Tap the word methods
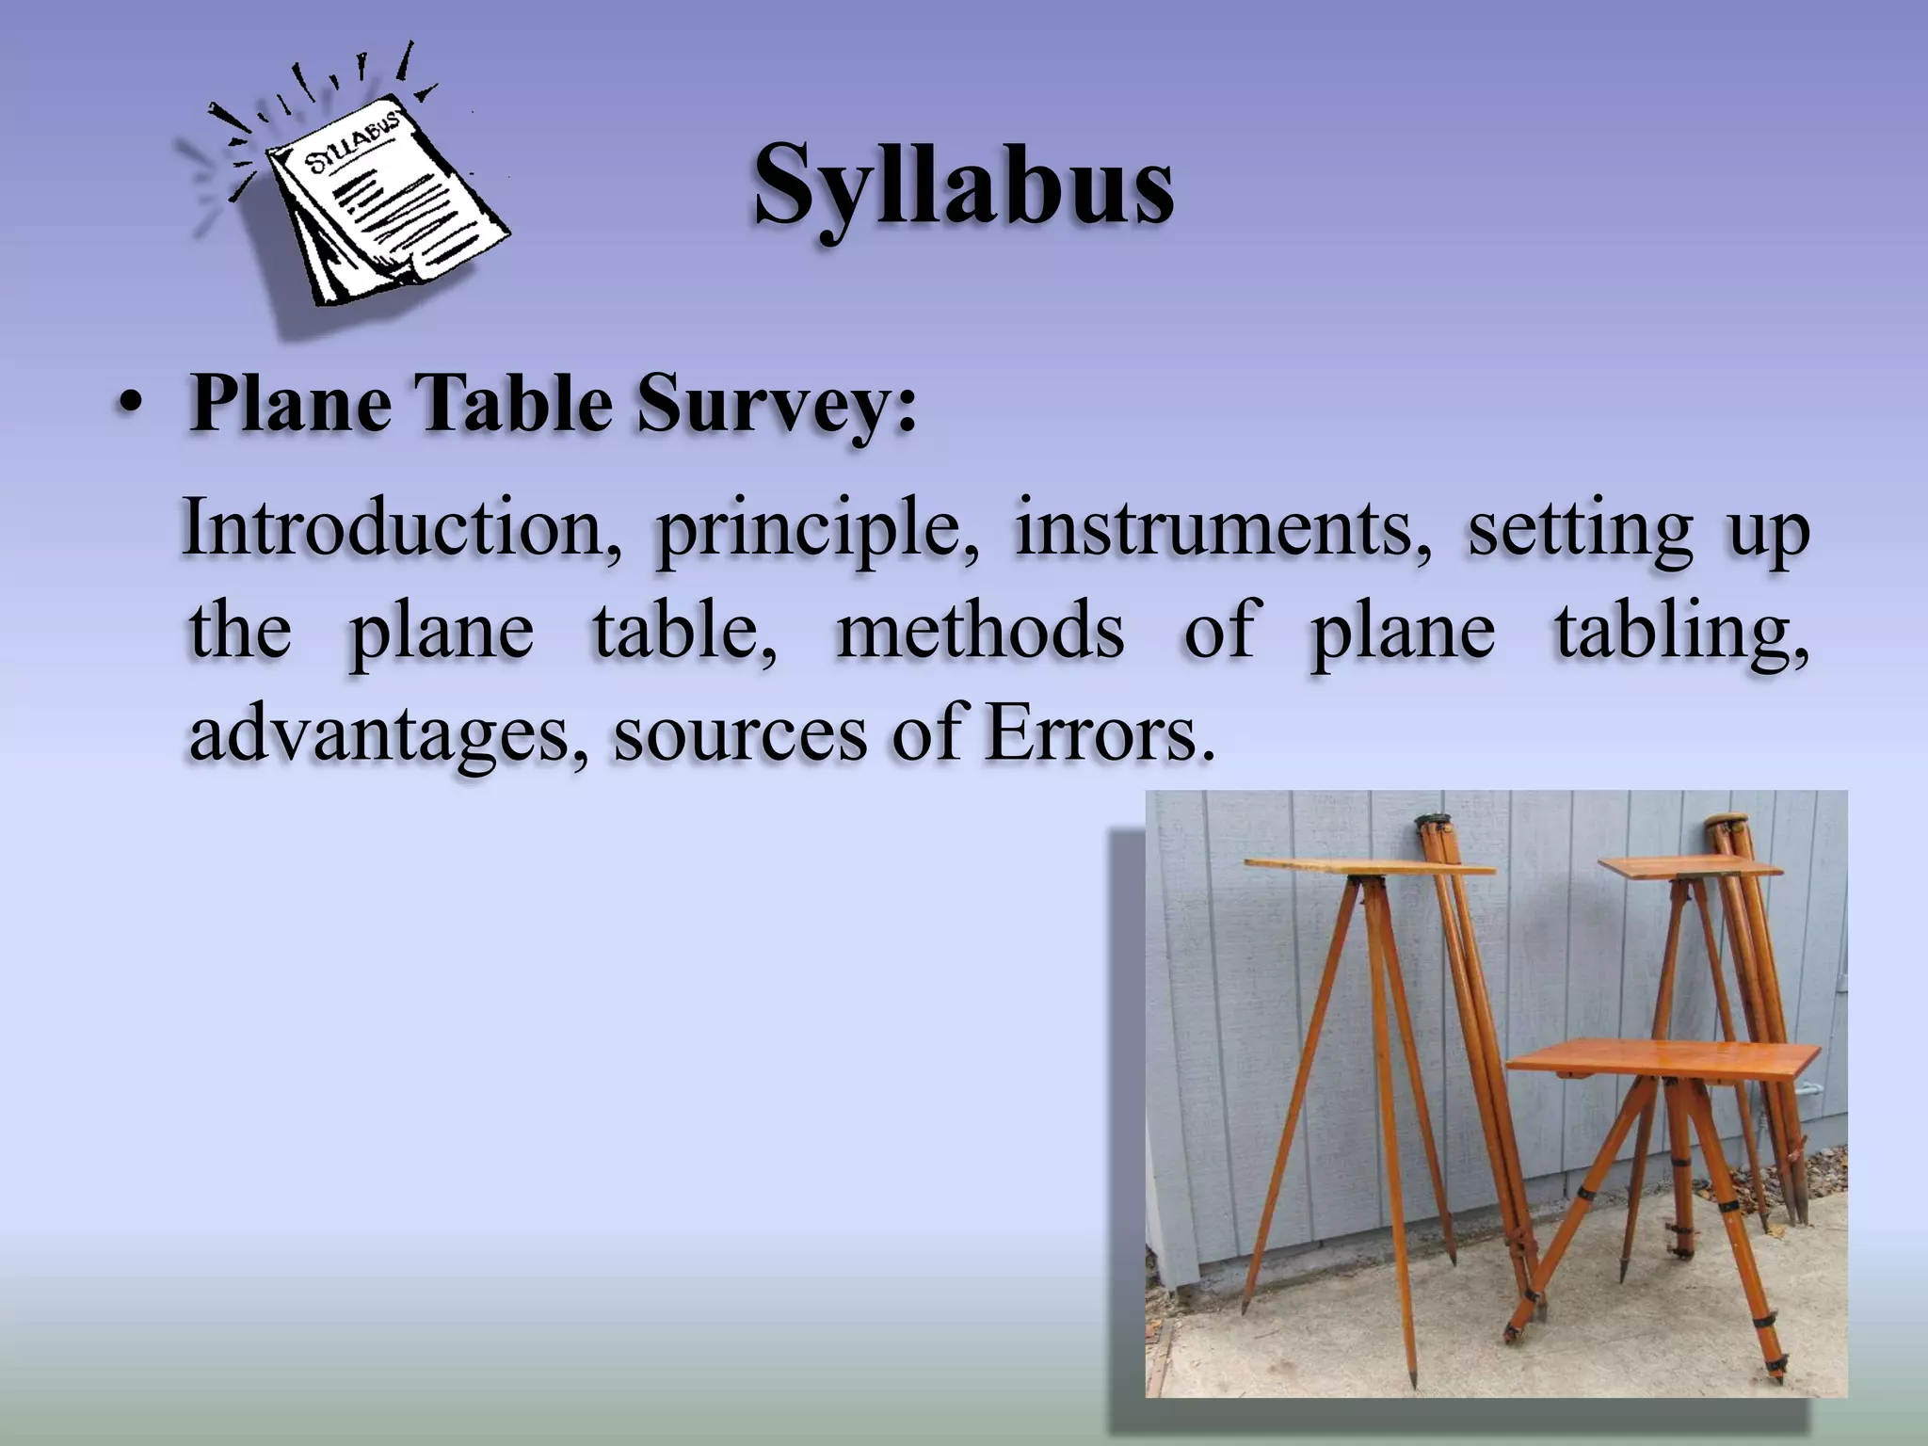(980, 631)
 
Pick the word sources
(740, 734)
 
